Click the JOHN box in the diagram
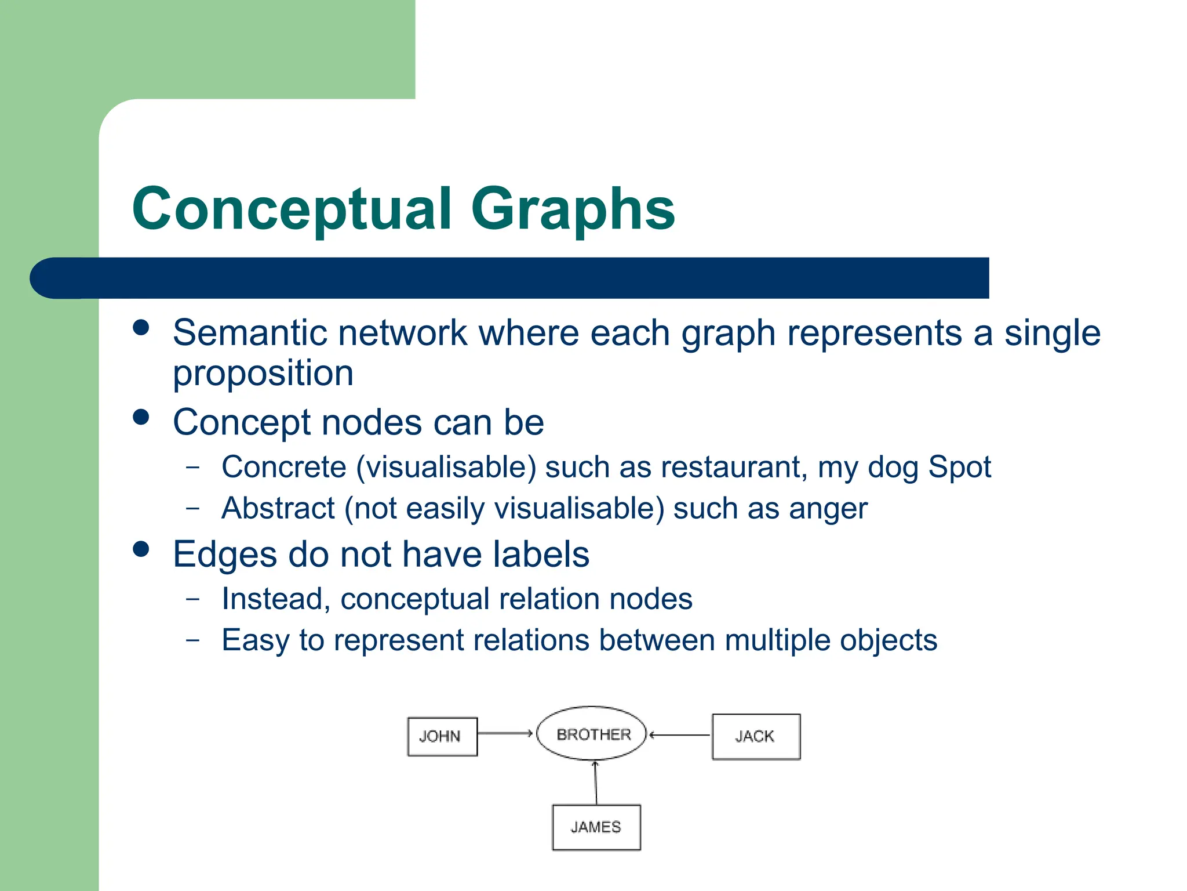442,736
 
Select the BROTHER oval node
592,734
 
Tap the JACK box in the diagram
756,736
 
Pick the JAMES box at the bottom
596,827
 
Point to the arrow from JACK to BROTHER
679,735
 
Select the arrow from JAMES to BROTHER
595,783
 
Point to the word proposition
263,373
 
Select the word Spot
959,467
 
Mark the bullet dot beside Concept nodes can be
141,417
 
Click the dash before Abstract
193,508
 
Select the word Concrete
283,467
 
